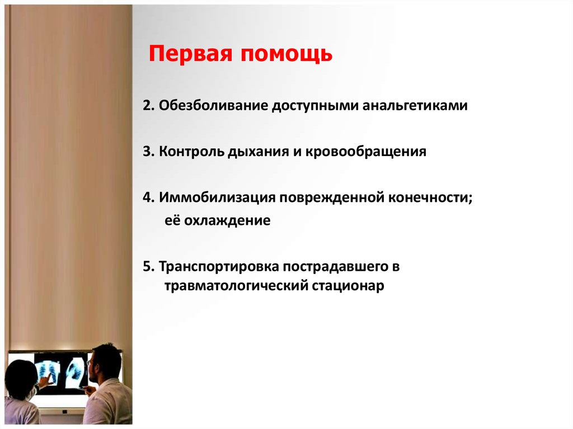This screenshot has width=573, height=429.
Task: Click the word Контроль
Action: (x=191, y=152)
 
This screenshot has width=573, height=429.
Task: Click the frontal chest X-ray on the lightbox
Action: (x=47, y=372)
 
